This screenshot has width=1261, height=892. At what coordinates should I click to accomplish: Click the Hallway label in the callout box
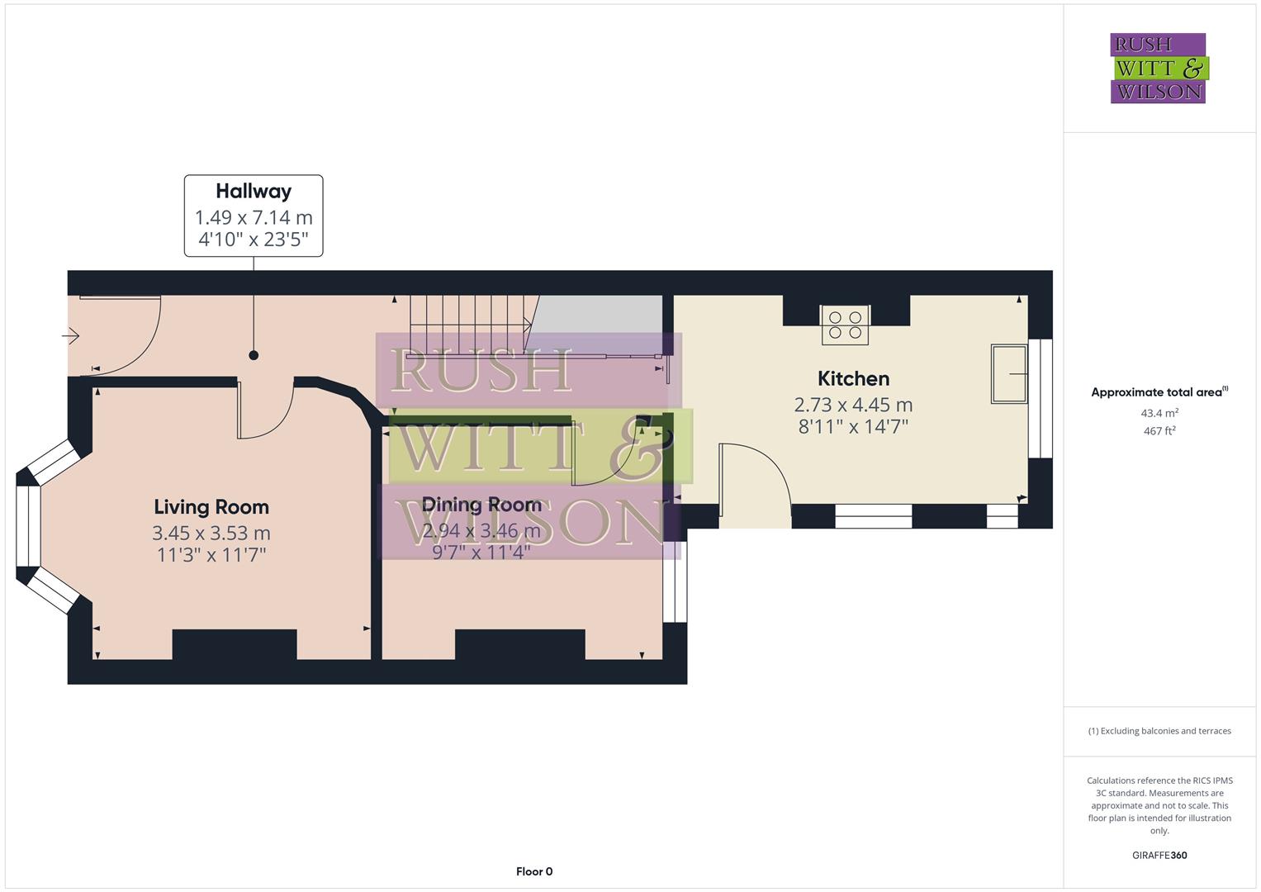254,192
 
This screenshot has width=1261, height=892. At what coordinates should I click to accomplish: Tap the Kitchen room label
853,379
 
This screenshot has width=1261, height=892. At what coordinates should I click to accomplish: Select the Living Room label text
211,507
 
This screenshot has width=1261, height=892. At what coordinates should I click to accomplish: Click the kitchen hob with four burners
845,325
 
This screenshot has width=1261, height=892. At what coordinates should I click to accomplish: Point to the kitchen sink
1008,374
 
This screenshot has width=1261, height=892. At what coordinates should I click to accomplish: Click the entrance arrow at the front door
71,336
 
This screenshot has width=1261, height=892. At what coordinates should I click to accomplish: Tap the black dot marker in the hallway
254,355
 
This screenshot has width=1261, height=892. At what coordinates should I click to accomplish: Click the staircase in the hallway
469,326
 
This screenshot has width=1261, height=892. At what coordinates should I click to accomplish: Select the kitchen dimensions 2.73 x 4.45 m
853,405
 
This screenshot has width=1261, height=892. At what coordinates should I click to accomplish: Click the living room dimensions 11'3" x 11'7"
211,555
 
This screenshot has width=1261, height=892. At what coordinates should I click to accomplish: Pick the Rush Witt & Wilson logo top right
1159,69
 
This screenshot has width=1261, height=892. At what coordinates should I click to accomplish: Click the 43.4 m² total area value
1159,413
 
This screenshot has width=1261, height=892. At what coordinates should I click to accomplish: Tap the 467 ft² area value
1159,431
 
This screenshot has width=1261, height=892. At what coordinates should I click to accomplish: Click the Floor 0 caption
534,871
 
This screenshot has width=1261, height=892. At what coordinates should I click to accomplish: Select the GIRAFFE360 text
1159,856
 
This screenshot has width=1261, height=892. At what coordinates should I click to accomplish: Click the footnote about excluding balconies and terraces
1159,731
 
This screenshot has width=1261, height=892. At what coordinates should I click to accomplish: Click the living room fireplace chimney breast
235,644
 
